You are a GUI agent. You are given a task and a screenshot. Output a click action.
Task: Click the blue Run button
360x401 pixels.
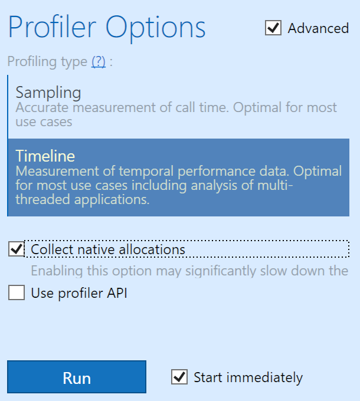(x=77, y=377)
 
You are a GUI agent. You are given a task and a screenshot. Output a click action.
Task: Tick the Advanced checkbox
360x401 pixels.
(x=273, y=28)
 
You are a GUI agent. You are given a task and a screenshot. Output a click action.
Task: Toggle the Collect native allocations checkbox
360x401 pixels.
(x=17, y=249)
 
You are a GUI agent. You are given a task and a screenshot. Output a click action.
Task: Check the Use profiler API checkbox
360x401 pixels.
(x=17, y=292)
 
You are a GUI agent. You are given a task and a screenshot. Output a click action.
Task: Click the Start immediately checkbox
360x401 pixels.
(x=179, y=377)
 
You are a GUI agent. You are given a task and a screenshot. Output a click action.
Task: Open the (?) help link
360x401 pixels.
(x=99, y=61)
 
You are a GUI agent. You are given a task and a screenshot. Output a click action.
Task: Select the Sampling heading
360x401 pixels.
(x=48, y=93)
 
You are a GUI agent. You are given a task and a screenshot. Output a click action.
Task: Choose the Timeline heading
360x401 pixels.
(x=45, y=156)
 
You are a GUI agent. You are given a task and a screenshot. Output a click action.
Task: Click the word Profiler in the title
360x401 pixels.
(x=52, y=27)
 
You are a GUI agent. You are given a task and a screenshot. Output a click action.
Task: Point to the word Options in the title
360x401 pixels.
(x=156, y=29)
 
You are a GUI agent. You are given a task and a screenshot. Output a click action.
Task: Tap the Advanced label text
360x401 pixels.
(x=318, y=28)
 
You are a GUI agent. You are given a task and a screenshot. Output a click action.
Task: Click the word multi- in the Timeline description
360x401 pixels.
(x=275, y=185)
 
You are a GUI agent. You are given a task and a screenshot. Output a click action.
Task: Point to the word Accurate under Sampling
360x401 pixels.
(x=42, y=107)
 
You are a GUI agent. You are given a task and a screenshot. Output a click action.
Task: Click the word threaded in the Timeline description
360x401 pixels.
(x=42, y=199)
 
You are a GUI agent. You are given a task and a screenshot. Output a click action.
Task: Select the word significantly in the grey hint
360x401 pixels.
(x=221, y=271)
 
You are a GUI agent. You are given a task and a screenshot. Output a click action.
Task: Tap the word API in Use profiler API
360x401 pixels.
(x=117, y=293)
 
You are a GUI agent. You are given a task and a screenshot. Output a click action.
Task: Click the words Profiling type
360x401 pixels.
(x=47, y=62)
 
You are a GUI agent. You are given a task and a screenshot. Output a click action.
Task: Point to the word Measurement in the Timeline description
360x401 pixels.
(x=57, y=171)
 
